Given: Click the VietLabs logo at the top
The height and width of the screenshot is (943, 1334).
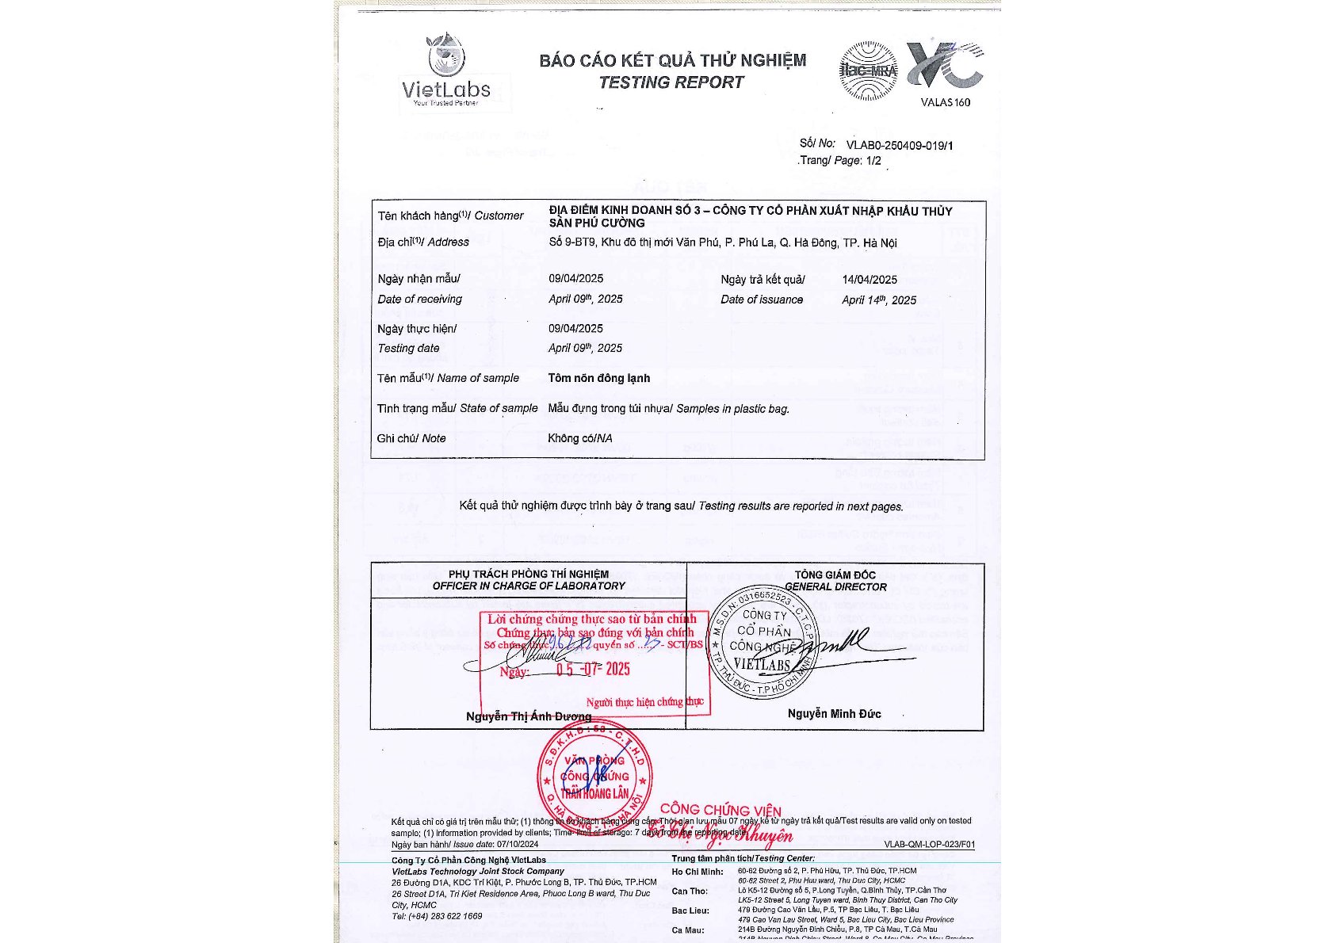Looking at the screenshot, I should pyautogui.click(x=446, y=71).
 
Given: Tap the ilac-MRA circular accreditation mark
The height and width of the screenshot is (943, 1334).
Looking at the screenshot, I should pyautogui.click(x=868, y=71).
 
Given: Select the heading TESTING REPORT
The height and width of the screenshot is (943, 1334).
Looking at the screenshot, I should pyautogui.click(x=671, y=82).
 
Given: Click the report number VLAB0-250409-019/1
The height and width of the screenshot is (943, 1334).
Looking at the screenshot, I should pyautogui.click(x=900, y=145).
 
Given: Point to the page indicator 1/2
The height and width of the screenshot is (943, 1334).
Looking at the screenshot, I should pyautogui.click(x=873, y=161).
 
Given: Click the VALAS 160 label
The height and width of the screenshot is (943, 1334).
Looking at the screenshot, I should pyautogui.click(x=945, y=102).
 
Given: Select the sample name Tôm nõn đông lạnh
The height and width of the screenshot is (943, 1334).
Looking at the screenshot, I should pyautogui.click(x=598, y=378).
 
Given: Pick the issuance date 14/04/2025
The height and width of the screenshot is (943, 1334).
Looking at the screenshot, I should pyautogui.click(x=870, y=280).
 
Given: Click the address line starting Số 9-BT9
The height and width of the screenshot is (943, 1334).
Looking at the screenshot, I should pyautogui.click(x=722, y=242).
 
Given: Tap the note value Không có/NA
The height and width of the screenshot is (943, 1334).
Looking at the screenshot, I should pyautogui.click(x=579, y=438).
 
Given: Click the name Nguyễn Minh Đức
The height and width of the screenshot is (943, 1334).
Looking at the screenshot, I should pyautogui.click(x=834, y=714).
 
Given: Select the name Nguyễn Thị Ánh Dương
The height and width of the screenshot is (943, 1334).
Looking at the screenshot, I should pyautogui.click(x=528, y=716).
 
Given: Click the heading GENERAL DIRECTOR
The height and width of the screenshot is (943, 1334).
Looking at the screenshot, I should pyautogui.click(x=835, y=587).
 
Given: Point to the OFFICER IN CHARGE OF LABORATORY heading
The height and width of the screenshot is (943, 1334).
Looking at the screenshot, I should pyautogui.click(x=529, y=586).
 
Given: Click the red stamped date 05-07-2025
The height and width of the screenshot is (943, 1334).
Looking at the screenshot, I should pyautogui.click(x=592, y=669).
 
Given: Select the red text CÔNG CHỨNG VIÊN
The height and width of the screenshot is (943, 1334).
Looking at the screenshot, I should pyautogui.click(x=721, y=810).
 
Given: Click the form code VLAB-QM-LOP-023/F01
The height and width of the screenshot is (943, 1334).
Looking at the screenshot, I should pyautogui.click(x=929, y=845).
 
